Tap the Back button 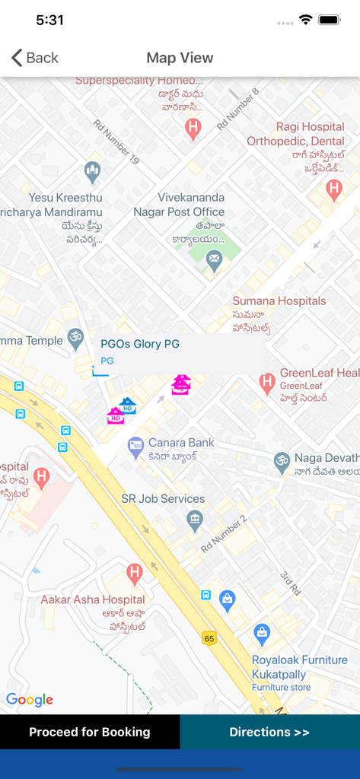[x=35, y=58]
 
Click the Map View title [x=180, y=58]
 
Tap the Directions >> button [x=269, y=732]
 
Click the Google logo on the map [x=30, y=700]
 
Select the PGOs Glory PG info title [x=140, y=344]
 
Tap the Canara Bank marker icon [x=135, y=447]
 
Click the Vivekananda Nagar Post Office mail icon [x=215, y=260]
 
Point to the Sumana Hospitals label [x=279, y=301]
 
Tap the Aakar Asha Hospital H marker [x=135, y=574]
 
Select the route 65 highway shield [x=209, y=638]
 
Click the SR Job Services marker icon [x=195, y=521]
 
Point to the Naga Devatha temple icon [x=282, y=460]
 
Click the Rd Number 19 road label [x=116, y=141]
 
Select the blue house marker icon [x=127, y=405]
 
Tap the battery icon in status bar [x=330, y=20]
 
